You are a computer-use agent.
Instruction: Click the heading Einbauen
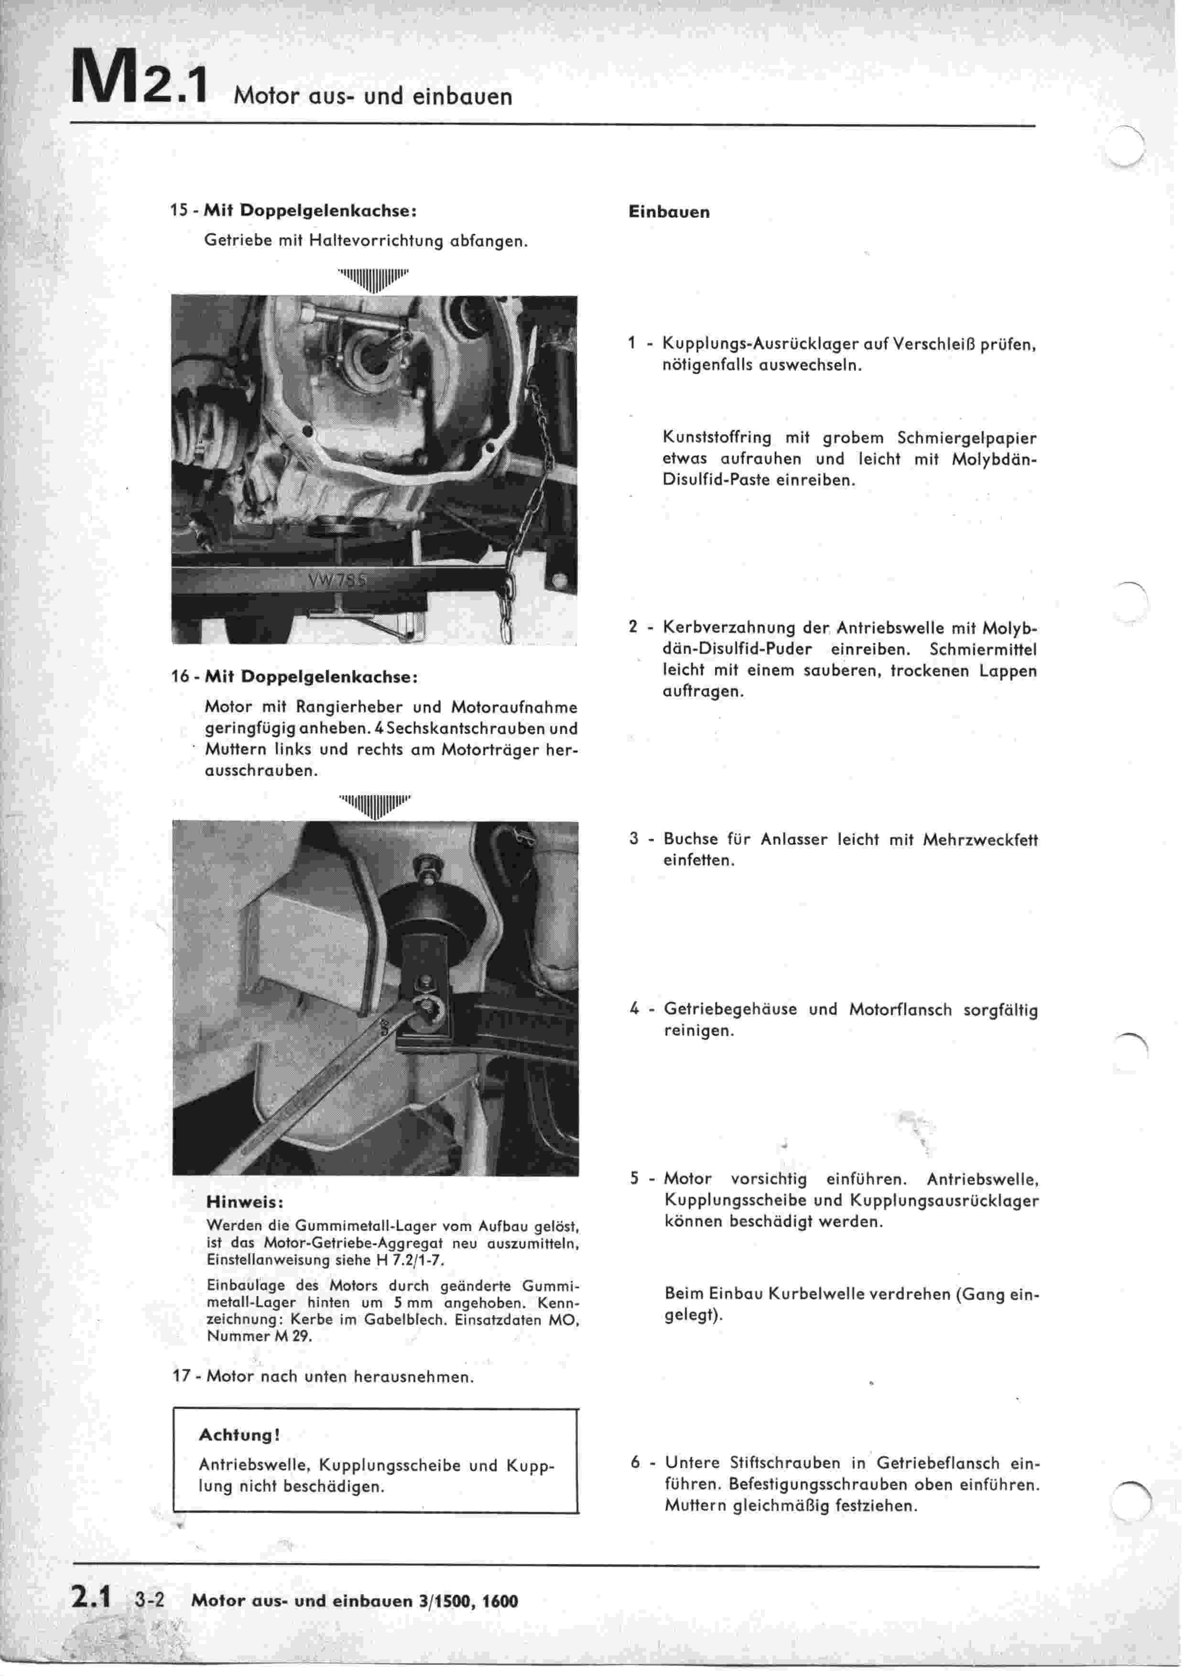click(668, 212)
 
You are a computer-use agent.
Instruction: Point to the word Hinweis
click(245, 1201)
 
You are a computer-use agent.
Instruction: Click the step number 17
click(181, 1377)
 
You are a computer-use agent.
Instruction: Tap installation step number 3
click(634, 839)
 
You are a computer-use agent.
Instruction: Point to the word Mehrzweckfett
click(980, 840)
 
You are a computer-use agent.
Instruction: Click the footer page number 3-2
click(150, 1601)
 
